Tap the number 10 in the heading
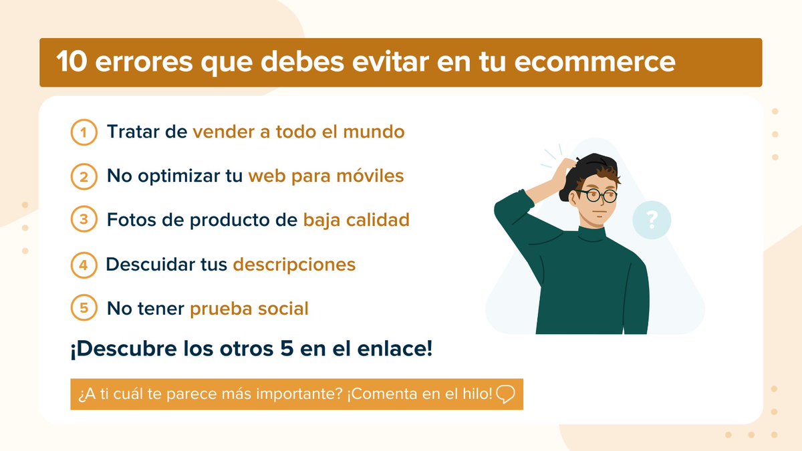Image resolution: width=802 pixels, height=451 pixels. (x=70, y=62)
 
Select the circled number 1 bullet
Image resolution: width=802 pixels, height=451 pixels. (x=84, y=132)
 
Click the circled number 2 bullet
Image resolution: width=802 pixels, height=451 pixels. (x=84, y=176)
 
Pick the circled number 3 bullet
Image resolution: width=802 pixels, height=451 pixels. (x=84, y=220)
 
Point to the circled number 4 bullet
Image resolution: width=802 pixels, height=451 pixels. (x=84, y=265)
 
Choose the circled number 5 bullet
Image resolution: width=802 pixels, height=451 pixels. (x=84, y=309)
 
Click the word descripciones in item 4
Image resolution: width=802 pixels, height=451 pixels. (x=294, y=265)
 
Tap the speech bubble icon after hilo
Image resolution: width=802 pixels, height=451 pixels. (x=506, y=394)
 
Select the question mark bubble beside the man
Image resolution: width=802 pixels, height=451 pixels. (x=652, y=220)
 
